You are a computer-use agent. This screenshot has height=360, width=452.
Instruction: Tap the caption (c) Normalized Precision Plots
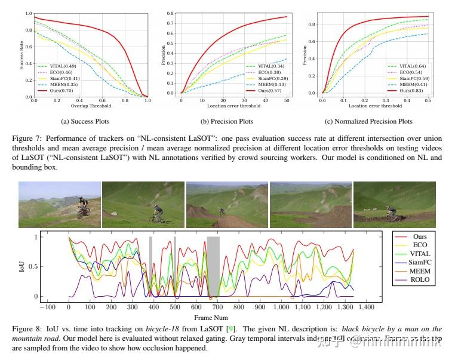pos(373,121)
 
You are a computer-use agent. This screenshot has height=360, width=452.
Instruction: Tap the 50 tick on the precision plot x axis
pos(287,101)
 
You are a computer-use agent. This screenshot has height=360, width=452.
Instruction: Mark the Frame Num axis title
pos(211,317)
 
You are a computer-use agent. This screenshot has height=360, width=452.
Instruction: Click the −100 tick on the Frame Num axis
pos(47,307)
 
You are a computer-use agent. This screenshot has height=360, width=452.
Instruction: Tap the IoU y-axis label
pos(22,267)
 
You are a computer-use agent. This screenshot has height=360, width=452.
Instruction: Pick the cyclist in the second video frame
pos(156,214)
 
